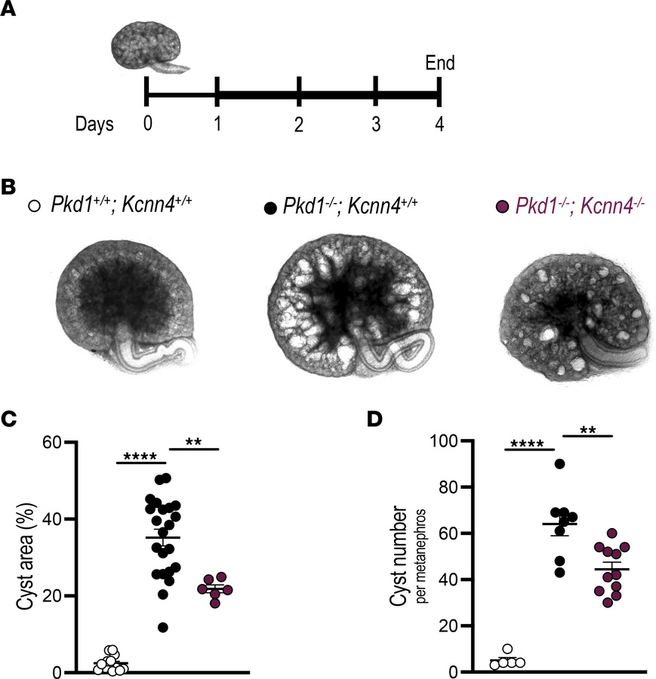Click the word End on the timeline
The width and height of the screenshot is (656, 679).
click(x=440, y=63)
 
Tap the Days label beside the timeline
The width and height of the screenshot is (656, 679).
click(x=94, y=124)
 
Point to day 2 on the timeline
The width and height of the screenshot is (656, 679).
click(x=299, y=124)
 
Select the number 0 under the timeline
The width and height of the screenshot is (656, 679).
click(x=147, y=124)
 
